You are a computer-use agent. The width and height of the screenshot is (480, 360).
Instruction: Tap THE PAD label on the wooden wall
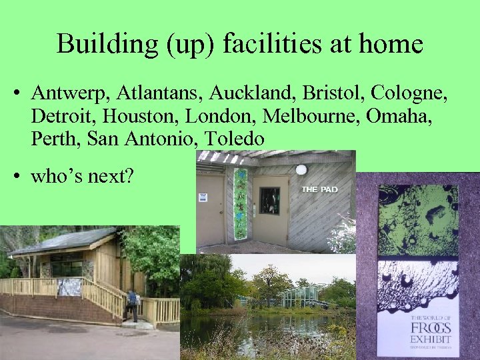320,189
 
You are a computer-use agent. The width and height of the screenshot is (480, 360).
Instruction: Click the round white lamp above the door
301,170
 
